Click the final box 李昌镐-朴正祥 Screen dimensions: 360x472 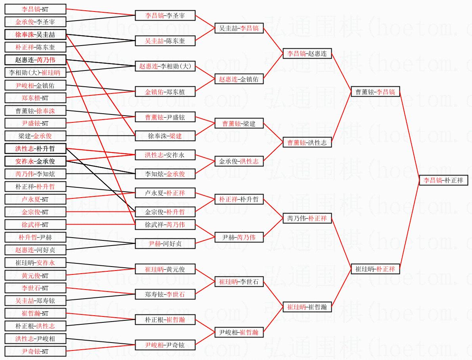[x=443, y=180]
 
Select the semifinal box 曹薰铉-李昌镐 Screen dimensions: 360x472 [x=375, y=92]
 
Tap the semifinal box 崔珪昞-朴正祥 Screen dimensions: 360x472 [x=375, y=269]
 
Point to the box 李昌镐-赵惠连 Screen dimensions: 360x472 [x=307, y=53]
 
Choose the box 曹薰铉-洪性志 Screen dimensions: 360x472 [x=307, y=143]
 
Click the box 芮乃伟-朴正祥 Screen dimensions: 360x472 [x=307, y=218]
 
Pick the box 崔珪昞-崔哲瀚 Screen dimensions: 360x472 [x=307, y=307]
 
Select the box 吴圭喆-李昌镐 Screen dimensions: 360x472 [x=239, y=28]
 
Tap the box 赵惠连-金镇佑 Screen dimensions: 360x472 [x=239, y=79]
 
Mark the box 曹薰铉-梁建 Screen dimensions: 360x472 [x=239, y=124]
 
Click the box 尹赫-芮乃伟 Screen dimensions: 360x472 [x=239, y=237]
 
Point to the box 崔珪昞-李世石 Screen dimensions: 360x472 [x=239, y=282]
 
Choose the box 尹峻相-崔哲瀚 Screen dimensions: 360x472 [x=239, y=332]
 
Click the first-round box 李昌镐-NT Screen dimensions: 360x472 [x=35, y=9]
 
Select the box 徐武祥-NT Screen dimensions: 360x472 [x=35, y=225]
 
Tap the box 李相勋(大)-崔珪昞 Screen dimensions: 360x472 [x=35, y=72]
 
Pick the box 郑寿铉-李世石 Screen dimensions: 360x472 [x=165, y=294]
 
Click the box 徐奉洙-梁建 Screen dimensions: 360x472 [x=165, y=136]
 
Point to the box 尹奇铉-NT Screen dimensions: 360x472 [x=35, y=351]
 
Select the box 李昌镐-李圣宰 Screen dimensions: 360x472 [x=165, y=16]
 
